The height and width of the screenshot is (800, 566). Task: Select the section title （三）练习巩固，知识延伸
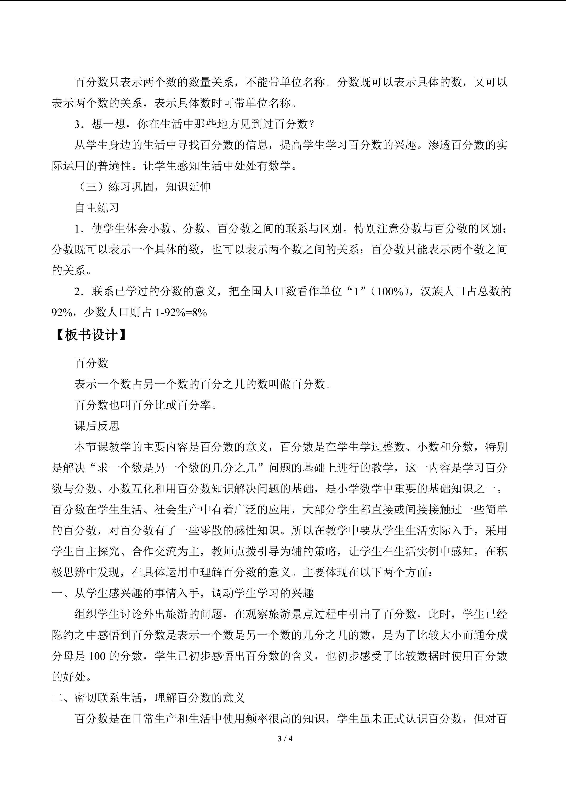point(143,187)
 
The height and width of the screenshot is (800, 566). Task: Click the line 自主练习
point(97,208)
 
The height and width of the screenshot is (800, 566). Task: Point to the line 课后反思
point(97,426)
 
